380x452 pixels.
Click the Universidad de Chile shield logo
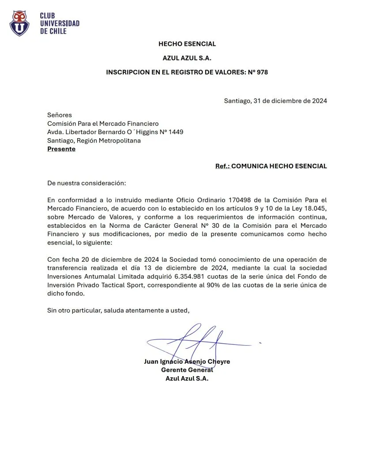pyautogui.click(x=19, y=23)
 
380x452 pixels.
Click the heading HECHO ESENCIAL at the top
pyautogui.click(x=187, y=44)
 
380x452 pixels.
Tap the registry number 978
pyautogui.click(x=262, y=72)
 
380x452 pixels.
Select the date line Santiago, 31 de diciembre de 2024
pyautogui.click(x=275, y=101)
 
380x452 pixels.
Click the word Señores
pyautogui.click(x=59, y=115)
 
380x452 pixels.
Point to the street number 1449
pyautogui.click(x=175, y=132)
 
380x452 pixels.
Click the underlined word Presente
pyautogui.click(x=61, y=149)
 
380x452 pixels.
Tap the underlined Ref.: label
pyautogui.click(x=222, y=166)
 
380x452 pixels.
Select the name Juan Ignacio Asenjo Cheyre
pyautogui.click(x=187, y=362)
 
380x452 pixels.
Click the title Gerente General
pyautogui.click(x=187, y=370)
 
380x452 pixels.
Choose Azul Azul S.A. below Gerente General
pyautogui.click(x=187, y=378)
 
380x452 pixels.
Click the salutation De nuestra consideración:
pyautogui.click(x=87, y=183)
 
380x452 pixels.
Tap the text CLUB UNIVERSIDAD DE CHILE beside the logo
pyautogui.click(x=60, y=23)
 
